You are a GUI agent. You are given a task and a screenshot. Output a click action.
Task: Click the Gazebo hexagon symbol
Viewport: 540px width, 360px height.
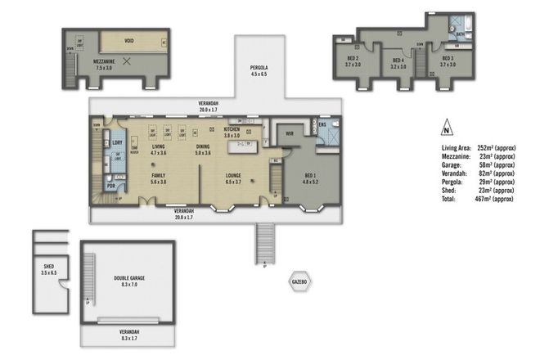299,281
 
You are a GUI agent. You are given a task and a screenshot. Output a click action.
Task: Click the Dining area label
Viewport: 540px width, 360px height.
203,149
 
